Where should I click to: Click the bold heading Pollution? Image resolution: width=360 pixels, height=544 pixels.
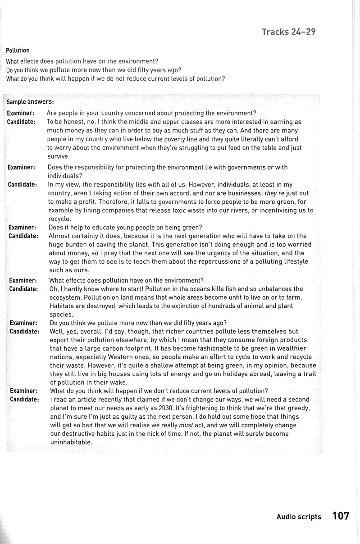tap(18, 50)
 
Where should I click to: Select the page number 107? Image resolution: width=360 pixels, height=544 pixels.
tap(341, 516)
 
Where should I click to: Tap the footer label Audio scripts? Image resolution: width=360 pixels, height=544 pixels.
tap(299, 517)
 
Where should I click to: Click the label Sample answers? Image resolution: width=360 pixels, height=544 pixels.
tap(30, 102)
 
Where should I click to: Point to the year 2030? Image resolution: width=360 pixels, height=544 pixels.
tap(195, 408)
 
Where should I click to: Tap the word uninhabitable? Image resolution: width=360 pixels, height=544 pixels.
tap(70, 442)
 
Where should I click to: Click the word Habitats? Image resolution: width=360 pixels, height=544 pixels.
tap(61, 306)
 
